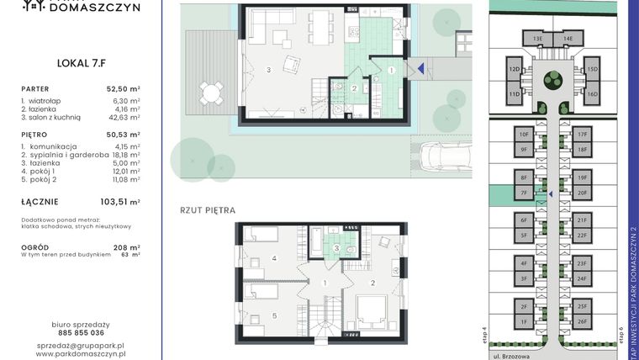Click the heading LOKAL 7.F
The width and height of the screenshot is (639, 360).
tap(80, 61)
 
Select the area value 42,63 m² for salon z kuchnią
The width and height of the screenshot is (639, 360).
tap(124, 119)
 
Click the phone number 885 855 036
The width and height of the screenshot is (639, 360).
tap(80, 332)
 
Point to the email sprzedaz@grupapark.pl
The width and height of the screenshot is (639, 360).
tap(80, 346)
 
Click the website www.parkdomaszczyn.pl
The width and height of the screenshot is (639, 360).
tap(80, 355)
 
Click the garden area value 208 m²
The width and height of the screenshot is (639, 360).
tap(127, 246)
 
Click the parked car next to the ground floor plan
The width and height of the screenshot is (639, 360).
tap(441, 156)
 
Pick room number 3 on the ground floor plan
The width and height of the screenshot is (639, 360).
tap(268, 69)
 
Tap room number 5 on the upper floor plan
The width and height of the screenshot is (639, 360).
tap(274, 316)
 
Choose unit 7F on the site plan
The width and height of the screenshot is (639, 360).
tap(523, 193)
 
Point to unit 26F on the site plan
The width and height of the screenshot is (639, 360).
tap(582, 320)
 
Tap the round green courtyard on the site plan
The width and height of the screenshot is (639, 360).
tap(552, 81)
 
